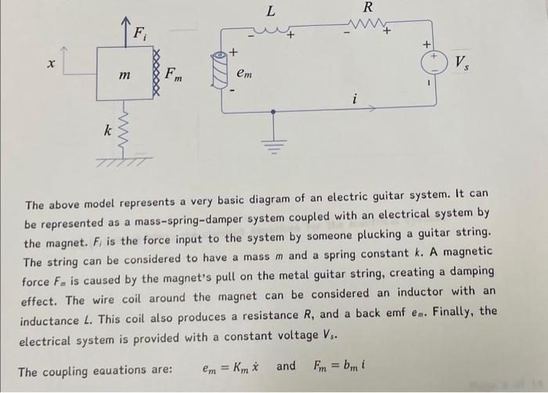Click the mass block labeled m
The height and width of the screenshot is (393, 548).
point(124,74)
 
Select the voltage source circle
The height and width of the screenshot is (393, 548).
point(432,59)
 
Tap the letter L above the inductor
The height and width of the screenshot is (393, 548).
point(271,11)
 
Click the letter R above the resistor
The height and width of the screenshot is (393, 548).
point(368,7)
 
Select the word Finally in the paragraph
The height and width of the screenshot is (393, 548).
point(453,311)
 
